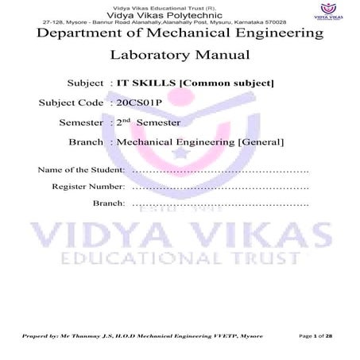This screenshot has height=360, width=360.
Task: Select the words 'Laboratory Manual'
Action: pos(180,56)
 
